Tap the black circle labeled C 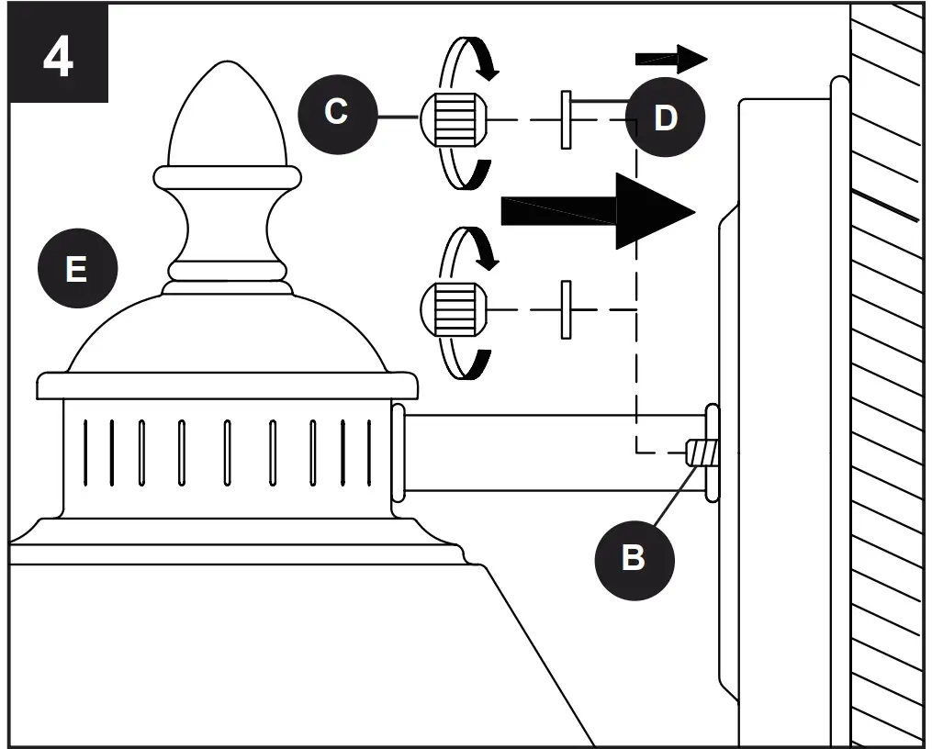coord(337,112)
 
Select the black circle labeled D coord(666,117)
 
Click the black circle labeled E coord(77,269)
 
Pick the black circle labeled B coord(634,557)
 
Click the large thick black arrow coord(597,210)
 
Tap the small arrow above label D coord(671,60)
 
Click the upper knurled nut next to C coord(452,119)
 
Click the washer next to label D coord(567,119)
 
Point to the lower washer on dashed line coord(567,309)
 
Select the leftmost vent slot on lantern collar coord(86,452)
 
